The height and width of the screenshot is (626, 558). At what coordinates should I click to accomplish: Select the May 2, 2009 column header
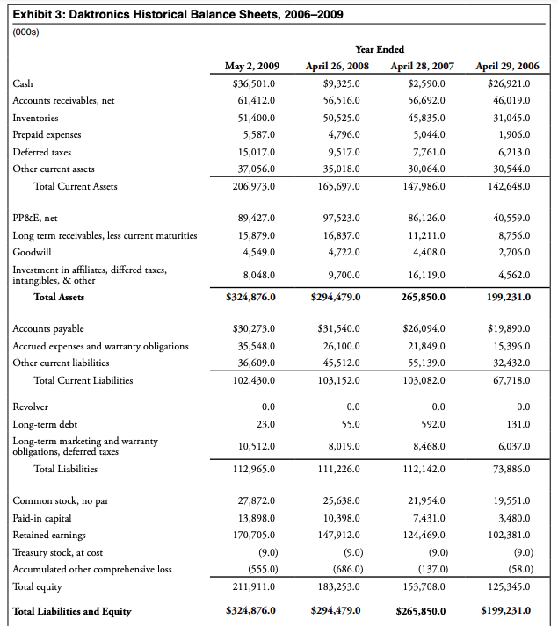point(252,66)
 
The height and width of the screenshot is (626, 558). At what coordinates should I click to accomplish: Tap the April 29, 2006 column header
point(507,66)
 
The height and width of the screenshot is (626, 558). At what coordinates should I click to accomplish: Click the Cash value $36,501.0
point(253,83)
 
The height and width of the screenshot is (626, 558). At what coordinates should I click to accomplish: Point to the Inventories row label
point(36,117)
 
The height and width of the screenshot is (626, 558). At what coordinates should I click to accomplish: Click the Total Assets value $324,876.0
point(251,297)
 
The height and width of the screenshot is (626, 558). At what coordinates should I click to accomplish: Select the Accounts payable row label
point(49,328)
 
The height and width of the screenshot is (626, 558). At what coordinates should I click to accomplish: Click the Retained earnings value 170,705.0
point(256,535)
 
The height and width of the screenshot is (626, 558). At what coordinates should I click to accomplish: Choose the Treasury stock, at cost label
point(58,551)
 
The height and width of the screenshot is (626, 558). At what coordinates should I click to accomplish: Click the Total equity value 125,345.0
point(510,585)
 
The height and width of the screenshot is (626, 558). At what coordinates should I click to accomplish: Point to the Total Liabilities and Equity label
point(72,610)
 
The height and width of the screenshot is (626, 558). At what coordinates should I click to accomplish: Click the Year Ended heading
point(380,49)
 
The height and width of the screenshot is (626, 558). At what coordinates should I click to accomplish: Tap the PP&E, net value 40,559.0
point(511,217)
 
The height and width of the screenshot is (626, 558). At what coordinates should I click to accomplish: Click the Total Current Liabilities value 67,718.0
point(511,379)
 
